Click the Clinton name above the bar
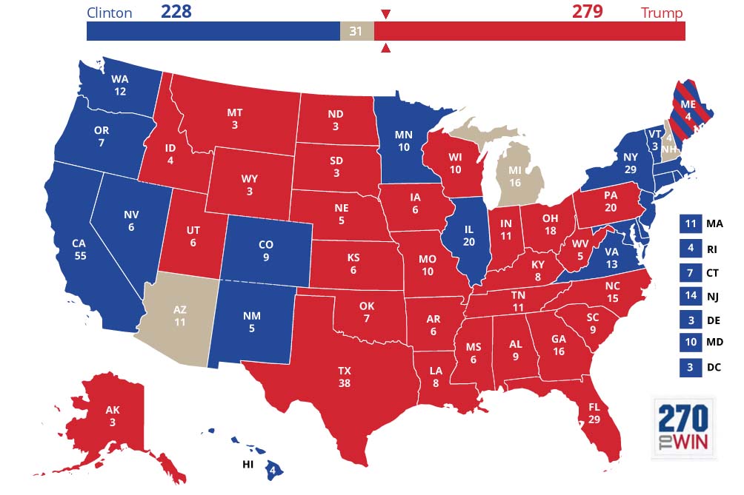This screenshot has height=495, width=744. (109, 13)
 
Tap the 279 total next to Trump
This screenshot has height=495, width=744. (587, 12)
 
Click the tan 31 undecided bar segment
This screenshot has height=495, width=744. (356, 31)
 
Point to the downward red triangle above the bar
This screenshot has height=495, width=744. (385, 14)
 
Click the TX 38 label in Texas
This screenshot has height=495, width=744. (344, 377)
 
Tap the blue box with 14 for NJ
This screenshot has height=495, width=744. (689, 296)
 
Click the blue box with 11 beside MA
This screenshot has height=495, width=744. (689, 223)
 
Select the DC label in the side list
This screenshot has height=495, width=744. (713, 368)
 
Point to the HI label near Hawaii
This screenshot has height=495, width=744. (250, 464)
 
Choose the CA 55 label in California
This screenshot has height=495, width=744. (81, 249)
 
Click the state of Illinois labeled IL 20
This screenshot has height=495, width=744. (470, 237)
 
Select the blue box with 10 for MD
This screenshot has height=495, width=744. (689, 343)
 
